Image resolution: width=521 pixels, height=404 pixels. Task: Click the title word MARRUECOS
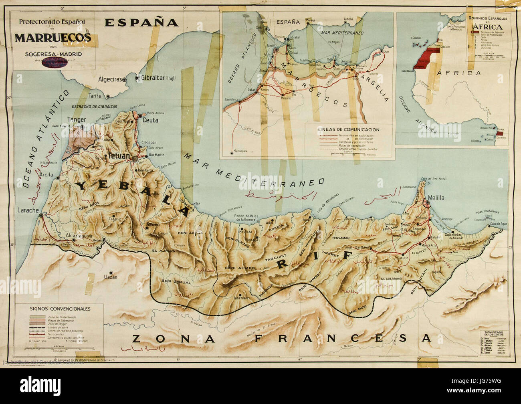(x=54, y=38)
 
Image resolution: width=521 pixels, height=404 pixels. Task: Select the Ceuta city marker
(x=139, y=116)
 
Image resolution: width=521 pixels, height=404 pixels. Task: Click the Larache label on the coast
(x=27, y=210)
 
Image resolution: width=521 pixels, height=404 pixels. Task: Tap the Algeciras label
(x=110, y=80)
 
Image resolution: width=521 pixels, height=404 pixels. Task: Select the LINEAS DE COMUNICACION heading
(x=348, y=129)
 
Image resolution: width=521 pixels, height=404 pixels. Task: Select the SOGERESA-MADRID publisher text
(x=53, y=53)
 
